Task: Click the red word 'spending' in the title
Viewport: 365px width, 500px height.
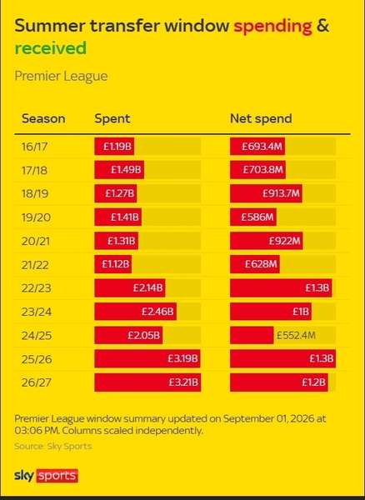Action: [x=272, y=27]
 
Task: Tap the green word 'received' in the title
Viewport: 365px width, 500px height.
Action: [x=51, y=47]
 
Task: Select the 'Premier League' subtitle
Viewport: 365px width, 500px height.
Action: [x=61, y=77]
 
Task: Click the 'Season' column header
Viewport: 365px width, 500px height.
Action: [x=43, y=118]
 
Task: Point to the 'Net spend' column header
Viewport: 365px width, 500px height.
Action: [x=261, y=119]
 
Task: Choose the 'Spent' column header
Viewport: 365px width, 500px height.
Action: [x=112, y=119]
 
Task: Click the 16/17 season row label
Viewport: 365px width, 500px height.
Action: [x=34, y=147]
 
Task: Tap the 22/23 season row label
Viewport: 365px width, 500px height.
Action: [x=36, y=288]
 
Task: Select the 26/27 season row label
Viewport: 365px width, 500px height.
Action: [x=36, y=382]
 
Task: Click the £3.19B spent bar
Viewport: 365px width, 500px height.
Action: [x=147, y=358]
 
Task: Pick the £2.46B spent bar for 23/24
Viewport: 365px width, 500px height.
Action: [x=136, y=312]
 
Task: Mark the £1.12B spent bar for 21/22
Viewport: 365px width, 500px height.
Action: [x=112, y=264]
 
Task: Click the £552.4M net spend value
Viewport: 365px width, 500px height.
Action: [x=296, y=335]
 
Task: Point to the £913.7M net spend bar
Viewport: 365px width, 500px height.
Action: [x=266, y=193]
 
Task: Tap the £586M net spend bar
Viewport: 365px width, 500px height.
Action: [x=253, y=217]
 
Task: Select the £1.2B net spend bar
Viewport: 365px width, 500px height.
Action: [x=279, y=382]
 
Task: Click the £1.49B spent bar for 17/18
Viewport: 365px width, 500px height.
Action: [x=119, y=170]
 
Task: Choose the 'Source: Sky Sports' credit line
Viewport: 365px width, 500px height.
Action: [x=53, y=446]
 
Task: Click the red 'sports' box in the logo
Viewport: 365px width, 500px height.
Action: [x=57, y=476]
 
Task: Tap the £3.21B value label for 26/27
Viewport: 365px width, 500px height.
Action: [x=183, y=382]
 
